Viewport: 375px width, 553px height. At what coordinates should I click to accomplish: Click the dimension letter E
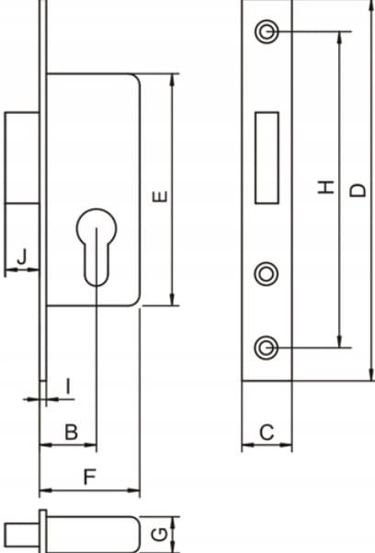coord(160,196)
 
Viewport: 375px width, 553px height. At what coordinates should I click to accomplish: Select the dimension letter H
coord(326,187)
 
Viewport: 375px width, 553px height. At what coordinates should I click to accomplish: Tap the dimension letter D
coord(358,190)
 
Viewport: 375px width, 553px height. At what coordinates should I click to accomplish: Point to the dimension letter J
coord(22,257)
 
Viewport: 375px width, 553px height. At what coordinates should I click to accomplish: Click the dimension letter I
coord(69,386)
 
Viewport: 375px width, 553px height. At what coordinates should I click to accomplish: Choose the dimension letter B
coord(71,432)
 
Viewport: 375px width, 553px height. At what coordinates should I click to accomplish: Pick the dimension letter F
coord(90,477)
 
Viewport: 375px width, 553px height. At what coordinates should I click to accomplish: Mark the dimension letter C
coord(267,432)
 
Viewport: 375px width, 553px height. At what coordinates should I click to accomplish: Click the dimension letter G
coord(160,535)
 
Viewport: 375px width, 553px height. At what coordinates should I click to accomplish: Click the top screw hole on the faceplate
coord(267,31)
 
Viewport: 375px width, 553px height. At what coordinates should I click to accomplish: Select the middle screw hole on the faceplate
coord(267,274)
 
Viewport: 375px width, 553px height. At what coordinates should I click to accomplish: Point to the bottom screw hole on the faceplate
coord(267,348)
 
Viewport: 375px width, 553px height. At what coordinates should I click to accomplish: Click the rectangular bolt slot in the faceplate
coord(267,157)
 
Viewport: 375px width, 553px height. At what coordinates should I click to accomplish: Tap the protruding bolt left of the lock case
coord(22,157)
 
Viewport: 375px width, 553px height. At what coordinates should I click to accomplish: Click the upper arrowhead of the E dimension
coord(172,80)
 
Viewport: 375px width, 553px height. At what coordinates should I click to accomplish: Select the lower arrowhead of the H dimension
coord(339,341)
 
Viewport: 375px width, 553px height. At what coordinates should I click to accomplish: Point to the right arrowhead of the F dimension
coord(133,490)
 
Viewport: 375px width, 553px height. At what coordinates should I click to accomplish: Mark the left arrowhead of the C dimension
coord(248,445)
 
